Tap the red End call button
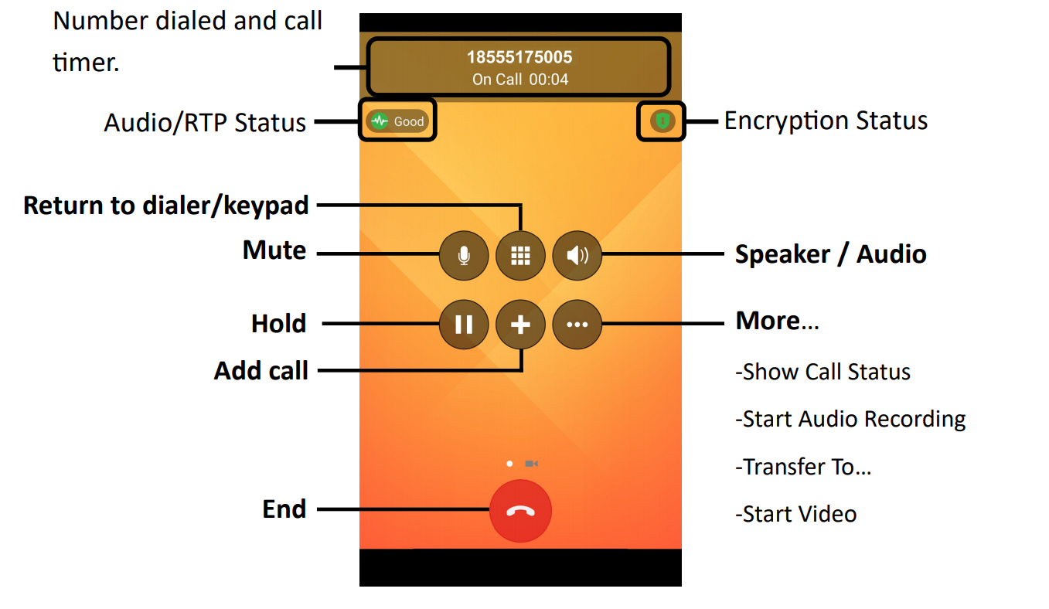(520, 511)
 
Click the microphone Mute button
(464, 255)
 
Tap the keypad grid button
(520, 255)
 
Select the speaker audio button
(577, 255)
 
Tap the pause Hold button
(464, 325)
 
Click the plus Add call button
(520, 325)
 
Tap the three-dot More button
(577, 325)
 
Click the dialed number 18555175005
(519, 57)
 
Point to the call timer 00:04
(549, 80)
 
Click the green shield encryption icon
(662, 121)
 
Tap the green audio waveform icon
(379, 121)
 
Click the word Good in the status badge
(409, 121)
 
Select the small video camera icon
(531, 464)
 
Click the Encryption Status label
(826, 121)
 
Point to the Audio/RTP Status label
(205, 122)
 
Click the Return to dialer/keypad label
(166, 206)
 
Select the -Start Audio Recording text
(850, 419)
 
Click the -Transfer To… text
(803, 467)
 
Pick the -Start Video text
(795, 514)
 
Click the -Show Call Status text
(823, 372)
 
